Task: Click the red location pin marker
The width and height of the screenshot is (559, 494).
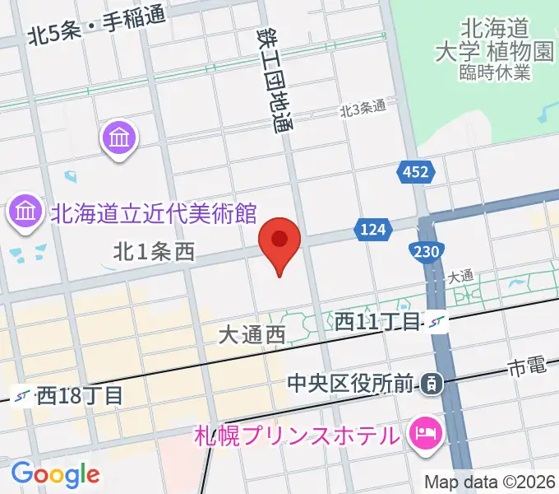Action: pos(279,242)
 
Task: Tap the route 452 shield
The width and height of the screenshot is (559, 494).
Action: pos(415,172)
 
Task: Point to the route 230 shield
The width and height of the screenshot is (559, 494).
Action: pos(427,249)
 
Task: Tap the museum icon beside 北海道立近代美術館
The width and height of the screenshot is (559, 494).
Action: pos(25,212)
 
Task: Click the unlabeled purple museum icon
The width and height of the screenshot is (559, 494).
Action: pos(120,137)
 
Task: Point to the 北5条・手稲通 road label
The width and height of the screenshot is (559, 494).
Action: pos(95,35)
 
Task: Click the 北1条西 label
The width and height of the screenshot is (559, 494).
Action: pos(154,253)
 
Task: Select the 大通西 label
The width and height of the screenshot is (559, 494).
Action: pos(252,334)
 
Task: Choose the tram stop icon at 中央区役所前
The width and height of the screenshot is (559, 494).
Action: pos(431,383)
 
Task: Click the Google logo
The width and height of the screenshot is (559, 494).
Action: pos(55,473)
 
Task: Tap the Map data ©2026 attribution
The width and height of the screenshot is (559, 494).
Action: pos(489,482)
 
